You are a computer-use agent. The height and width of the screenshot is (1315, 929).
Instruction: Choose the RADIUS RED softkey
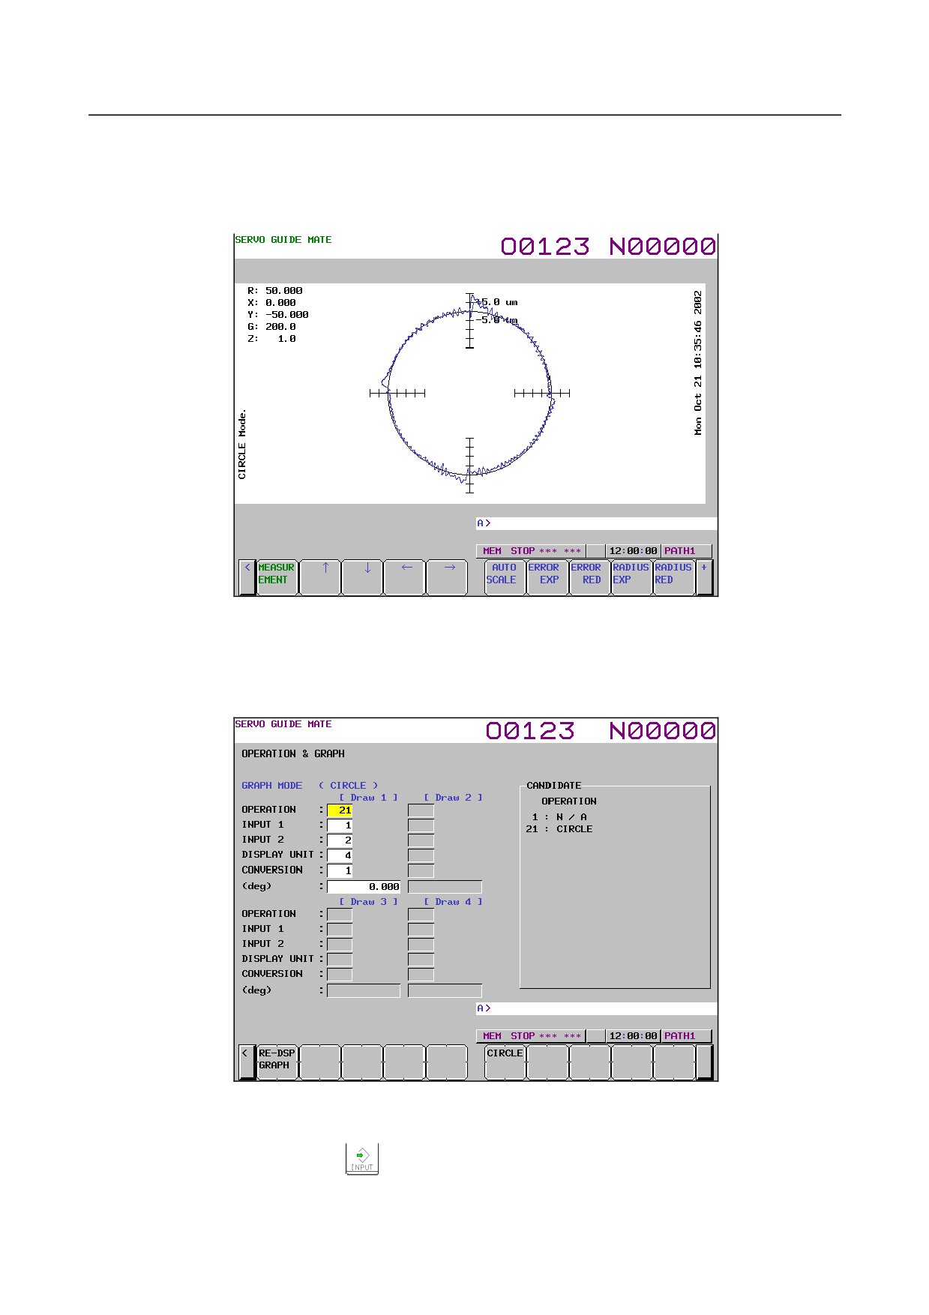coord(673,577)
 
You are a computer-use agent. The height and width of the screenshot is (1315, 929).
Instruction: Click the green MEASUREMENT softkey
coord(277,577)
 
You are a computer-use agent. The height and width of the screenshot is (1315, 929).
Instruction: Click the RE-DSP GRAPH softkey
coord(277,1062)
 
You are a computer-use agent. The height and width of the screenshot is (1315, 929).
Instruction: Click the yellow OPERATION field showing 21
coord(340,810)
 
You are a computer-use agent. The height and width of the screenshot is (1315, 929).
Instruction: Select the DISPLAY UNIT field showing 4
coord(340,855)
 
